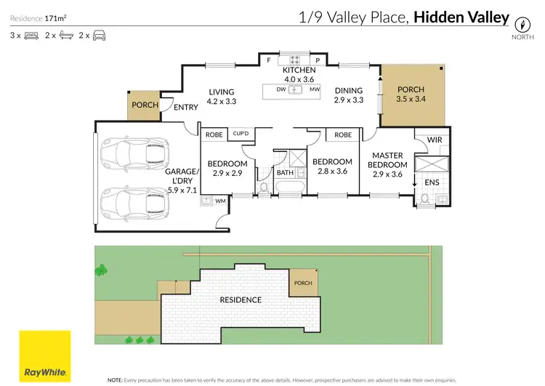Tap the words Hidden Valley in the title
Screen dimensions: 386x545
click(461, 17)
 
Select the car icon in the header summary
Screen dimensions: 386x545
click(99, 35)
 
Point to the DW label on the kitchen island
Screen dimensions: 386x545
click(280, 89)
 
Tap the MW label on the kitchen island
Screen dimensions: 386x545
click(315, 89)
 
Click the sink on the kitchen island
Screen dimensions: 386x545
click(296, 89)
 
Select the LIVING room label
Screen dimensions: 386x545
click(221, 92)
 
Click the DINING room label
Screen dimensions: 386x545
click(348, 91)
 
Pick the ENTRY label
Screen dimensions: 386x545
click(186, 108)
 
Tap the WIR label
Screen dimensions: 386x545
click(435, 140)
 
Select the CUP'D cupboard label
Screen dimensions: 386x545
click(241, 134)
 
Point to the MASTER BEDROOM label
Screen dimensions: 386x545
click(389, 160)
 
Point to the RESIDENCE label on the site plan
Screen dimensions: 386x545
click(241, 299)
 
